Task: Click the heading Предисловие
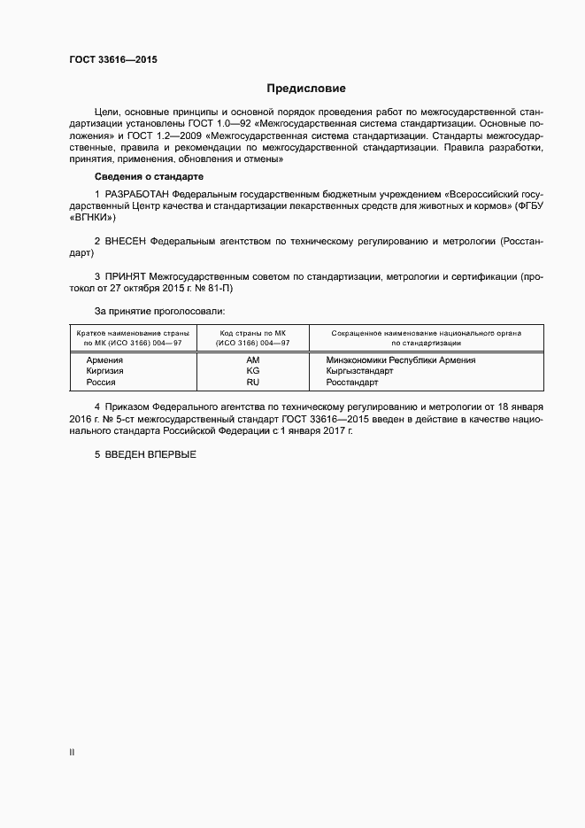click(306, 89)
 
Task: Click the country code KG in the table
click(252, 372)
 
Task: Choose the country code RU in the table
click(252, 383)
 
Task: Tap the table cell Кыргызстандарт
click(359, 372)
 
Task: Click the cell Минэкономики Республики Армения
click(400, 360)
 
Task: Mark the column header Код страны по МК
click(252, 333)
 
